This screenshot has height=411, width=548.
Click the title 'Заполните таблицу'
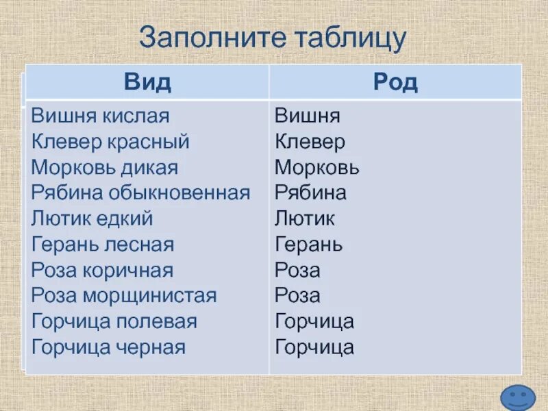pos(273,37)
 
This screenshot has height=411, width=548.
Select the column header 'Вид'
pos(147,83)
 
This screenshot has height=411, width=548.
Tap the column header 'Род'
pos(395,83)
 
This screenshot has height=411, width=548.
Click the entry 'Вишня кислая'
pos(100,116)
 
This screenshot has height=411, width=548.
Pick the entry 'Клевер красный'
pos(110,142)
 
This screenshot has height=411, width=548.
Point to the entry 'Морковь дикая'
pos(105,167)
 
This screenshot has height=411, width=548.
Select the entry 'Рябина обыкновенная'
pos(140,193)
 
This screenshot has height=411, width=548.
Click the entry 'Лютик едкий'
pos(92,219)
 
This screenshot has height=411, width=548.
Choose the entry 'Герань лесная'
pos(103,245)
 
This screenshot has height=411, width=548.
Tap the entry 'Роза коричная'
pos(102,270)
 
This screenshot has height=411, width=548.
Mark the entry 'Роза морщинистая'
pos(124,296)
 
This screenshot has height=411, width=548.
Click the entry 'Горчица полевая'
pos(114,321)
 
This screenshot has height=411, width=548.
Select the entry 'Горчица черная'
pos(108,347)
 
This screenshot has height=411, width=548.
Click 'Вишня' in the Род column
pos(308,116)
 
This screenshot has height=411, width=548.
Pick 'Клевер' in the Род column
pos(310,142)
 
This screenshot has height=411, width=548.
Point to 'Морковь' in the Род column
pos(316,167)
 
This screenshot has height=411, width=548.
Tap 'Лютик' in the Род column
pos(305,219)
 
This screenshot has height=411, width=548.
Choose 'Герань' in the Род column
pos(309,245)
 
